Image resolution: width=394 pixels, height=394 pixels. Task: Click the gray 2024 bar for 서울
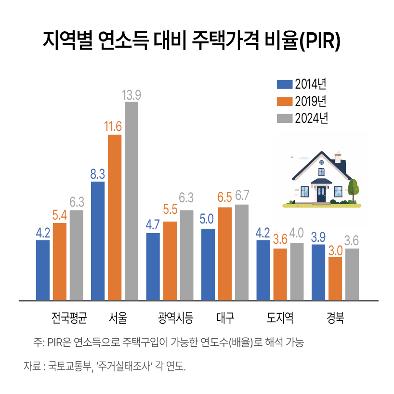(131, 200)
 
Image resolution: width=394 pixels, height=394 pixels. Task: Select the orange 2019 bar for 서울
(115, 217)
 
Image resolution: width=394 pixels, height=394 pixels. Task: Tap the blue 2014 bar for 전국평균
(43, 270)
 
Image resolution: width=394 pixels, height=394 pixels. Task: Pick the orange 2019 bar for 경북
(335, 278)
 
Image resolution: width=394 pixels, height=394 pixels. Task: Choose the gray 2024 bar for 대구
(242, 252)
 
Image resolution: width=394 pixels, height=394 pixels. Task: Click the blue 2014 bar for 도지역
(263, 270)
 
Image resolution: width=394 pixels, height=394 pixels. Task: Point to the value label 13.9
(131, 95)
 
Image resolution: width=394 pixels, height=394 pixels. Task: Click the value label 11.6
(114, 127)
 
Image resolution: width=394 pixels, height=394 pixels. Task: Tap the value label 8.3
(98, 174)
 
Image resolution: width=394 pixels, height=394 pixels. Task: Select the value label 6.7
(242, 197)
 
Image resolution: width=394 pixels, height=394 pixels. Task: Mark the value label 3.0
(335, 250)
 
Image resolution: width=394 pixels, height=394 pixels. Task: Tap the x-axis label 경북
(335, 317)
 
